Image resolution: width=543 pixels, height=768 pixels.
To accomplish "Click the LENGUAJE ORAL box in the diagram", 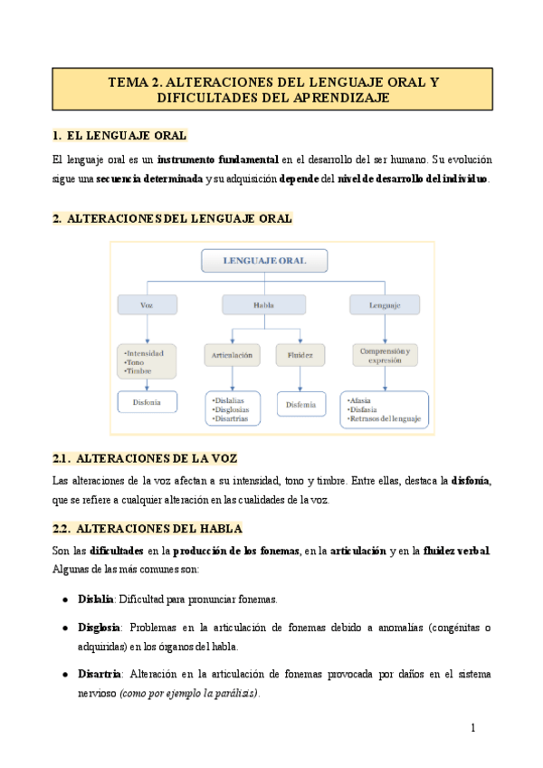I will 264,261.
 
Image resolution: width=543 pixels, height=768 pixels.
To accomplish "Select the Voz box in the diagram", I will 147,306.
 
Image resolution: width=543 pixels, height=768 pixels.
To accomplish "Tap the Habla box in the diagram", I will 264,306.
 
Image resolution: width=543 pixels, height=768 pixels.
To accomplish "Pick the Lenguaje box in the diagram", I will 384,306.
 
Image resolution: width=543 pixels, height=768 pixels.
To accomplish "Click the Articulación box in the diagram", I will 233,355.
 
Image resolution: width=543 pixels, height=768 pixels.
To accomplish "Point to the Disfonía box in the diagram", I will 148,401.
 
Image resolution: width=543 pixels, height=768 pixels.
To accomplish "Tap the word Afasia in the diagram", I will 359,400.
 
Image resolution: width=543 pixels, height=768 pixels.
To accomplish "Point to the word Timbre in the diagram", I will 139,371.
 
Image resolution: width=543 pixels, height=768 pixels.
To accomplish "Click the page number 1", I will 472,728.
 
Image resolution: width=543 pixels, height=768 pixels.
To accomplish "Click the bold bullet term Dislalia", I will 96,600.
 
